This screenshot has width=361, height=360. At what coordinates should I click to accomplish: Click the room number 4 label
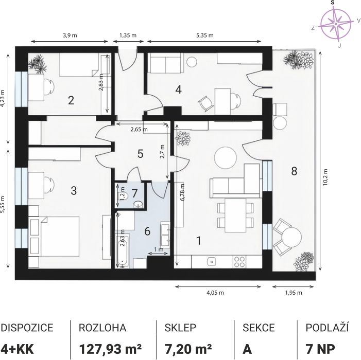pos(178,89)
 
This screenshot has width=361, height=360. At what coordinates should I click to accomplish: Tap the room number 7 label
pos(135,193)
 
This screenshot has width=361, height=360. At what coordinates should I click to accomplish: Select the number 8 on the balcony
pos(294,171)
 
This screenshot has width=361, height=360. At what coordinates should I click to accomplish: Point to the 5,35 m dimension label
pos(204,35)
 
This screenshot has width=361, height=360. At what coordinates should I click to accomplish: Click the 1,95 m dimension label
pos(294,293)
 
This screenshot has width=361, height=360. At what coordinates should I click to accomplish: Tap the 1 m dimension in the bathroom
pos(159,249)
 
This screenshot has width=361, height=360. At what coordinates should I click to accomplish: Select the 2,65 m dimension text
pos(139,130)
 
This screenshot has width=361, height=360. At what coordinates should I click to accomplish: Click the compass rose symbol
pos(336,24)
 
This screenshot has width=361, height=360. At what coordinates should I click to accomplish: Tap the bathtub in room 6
pos(122,251)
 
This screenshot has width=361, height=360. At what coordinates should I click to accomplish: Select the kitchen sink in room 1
pos(212,261)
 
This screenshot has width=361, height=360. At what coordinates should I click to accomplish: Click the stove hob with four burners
pos(239,262)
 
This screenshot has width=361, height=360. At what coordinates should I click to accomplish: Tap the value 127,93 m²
pos(110,349)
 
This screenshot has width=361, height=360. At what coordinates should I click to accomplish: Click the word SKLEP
pos(180,328)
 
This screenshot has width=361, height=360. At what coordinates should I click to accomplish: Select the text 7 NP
pos(320,349)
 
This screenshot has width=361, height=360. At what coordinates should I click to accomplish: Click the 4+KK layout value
pos(18,349)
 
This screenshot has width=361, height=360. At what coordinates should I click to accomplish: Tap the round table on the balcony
pos(291,237)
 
